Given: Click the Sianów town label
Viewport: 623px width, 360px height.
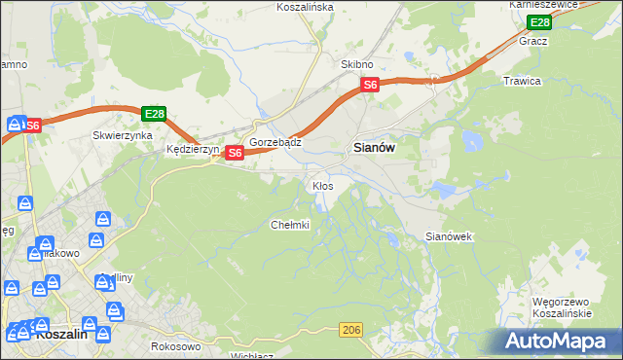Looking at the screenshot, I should (x=372, y=147).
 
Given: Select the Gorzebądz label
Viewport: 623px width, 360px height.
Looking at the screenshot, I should (x=275, y=141).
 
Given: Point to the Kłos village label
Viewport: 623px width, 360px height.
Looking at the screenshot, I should (x=323, y=185).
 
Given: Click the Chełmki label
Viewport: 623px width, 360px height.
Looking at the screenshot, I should (x=289, y=225).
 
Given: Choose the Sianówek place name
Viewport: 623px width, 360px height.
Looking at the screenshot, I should (x=450, y=236).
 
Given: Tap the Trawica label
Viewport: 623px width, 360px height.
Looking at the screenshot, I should (x=522, y=81).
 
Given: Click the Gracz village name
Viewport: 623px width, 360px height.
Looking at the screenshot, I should (x=533, y=42).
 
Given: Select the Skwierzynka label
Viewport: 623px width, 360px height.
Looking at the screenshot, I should (x=123, y=136).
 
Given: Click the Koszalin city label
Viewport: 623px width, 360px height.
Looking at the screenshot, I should (x=61, y=333).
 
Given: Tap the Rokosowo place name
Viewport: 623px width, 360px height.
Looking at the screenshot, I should (x=176, y=345).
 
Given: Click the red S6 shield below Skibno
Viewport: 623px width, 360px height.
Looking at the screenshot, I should (x=370, y=86).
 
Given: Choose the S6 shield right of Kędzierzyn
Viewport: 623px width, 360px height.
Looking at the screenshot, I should (x=235, y=153).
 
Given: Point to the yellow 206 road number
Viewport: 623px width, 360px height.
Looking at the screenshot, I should (x=351, y=332).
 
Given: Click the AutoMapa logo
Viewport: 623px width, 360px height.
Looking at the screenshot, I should (x=561, y=341).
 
